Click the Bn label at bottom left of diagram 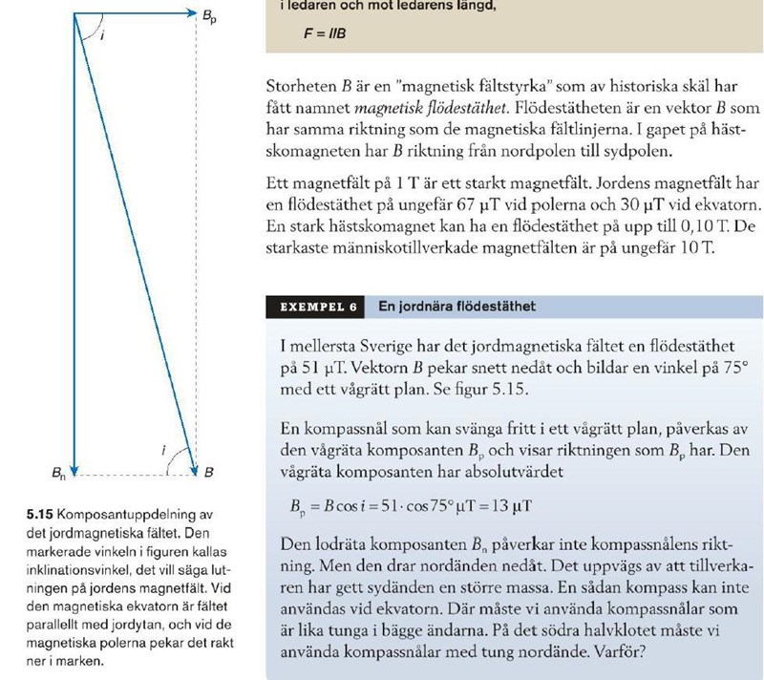pos(60,472)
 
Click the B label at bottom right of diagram pos(208,472)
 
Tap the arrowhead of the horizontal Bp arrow pos(191,14)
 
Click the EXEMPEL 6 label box pos(318,308)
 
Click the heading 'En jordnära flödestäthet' pos(456,307)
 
